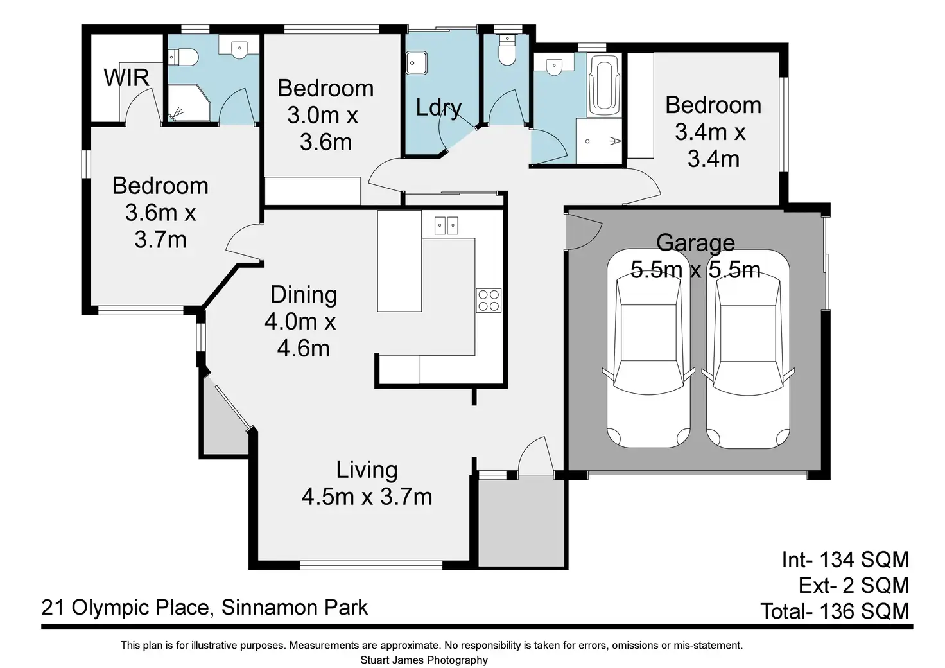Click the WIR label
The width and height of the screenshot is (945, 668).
pyautogui.click(x=126, y=78)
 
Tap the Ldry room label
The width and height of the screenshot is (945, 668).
pyautogui.click(x=438, y=108)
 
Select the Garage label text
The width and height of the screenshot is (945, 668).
pyautogui.click(x=696, y=243)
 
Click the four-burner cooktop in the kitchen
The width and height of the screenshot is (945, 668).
pyautogui.click(x=489, y=300)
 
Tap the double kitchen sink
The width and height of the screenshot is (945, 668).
pyautogui.click(x=446, y=225)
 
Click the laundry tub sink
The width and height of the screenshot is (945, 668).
pyautogui.click(x=417, y=63)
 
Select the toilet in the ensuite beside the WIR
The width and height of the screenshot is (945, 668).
pyautogui.click(x=183, y=57)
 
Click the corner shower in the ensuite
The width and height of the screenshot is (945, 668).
pyautogui.click(x=189, y=103)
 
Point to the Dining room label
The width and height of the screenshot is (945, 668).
pyautogui.click(x=304, y=295)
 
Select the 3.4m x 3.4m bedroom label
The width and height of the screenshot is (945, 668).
pyautogui.click(x=713, y=132)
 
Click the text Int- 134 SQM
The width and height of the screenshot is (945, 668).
pyautogui.click(x=845, y=559)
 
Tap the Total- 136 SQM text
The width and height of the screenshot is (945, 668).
pyautogui.click(x=835, y=611)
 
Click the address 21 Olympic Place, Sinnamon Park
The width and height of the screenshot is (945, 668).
pyautogui.click(x=205, y=608)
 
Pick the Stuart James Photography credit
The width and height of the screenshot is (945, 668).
pyautogui.click(x=424, y=660)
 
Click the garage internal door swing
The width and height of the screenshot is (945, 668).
pyautogui.click(x=584, y=232)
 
